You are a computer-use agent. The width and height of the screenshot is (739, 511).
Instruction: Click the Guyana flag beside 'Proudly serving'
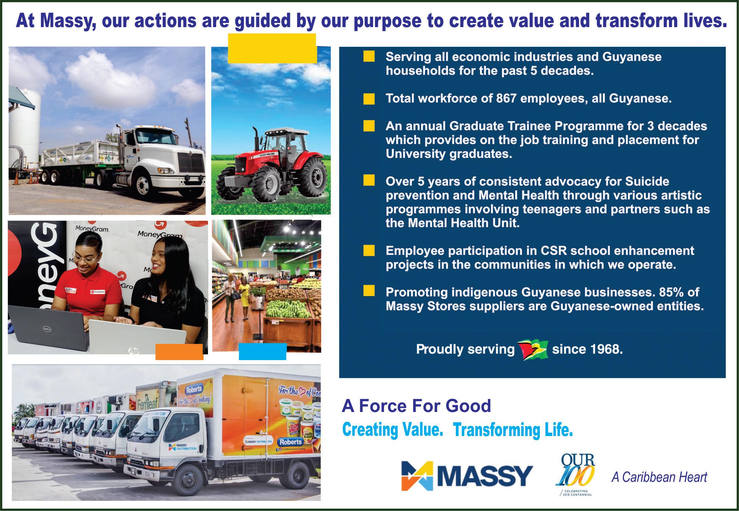click(x=533, y=350)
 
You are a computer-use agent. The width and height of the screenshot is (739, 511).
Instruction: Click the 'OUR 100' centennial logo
click(x=575, y=474)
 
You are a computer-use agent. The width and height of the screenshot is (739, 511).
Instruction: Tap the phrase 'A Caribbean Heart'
click(x=659, y=477)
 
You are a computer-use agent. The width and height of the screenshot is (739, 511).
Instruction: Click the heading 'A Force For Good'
click(x=416, y=406)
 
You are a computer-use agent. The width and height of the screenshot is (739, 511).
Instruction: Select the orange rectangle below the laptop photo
click(x=179, y=352)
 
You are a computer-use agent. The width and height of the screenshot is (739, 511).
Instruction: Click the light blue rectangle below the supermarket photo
click(x=262, y=352)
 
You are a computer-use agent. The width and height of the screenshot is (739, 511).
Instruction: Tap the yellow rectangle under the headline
click(x=272, y=48)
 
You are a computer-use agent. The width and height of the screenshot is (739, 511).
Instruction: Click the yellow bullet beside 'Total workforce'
click(x=369, y=99)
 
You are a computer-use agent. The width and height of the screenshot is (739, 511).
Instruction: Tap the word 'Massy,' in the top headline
click(x=66, y=21)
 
